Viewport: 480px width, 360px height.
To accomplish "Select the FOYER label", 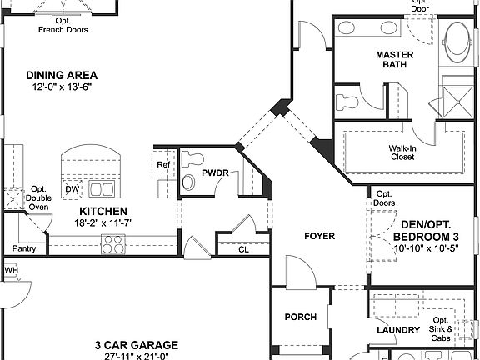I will coord(319,236).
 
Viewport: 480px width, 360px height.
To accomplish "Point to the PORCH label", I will coord(300,317).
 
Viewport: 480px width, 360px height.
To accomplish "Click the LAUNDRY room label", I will coord(397,331).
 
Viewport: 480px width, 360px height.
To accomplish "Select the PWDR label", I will coord(215,174).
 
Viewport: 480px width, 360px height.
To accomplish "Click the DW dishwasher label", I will coord(72,188).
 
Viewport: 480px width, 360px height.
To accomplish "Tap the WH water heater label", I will coord(11,271).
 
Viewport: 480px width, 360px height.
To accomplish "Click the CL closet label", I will coord(242,248).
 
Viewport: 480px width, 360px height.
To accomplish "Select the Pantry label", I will coord(23,248).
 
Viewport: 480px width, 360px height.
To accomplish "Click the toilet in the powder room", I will coord(193,158).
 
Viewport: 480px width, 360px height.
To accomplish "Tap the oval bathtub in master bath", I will coord(457,43).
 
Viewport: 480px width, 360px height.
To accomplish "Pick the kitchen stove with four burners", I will coord(112,244).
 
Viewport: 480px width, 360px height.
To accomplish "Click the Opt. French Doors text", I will coord(63,25).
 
